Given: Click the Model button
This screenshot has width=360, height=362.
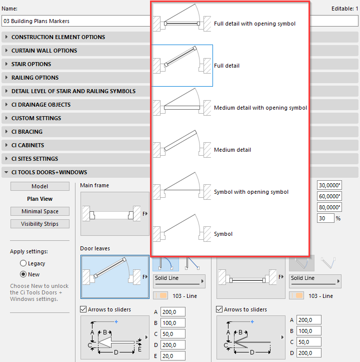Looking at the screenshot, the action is click(x=39, y=186).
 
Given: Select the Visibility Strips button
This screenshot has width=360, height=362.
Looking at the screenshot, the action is click(x=39, y=224).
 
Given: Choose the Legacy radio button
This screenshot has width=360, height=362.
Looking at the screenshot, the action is click(x=23, y=263).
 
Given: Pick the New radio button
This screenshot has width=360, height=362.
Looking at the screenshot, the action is click(x=23, y=274).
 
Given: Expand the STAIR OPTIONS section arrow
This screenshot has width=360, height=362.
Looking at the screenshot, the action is click(x=6, y=64).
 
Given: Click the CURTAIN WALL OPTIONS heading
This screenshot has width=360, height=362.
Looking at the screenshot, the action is click(x=44, y=51).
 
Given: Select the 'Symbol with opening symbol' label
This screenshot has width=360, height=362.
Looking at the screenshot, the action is click(x=251, y=192).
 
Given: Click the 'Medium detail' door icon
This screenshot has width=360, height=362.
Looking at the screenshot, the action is click(x=182, y=144).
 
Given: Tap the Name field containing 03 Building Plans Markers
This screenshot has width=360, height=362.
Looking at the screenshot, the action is click(x=76, y=21).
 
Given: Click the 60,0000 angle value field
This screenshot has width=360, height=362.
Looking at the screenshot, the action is click(x=329, y=196).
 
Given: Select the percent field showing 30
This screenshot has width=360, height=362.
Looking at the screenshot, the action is click(x=325, y=218).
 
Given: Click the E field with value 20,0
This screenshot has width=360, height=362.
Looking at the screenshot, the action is click(x=172, y=356).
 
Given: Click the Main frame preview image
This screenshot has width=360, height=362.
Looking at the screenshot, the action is click(x=115, y=214).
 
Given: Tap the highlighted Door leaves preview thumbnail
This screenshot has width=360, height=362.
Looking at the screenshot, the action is click(x=115, y=277).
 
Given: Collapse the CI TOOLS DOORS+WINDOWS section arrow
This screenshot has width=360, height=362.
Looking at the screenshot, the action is click(x=6, y=172).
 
